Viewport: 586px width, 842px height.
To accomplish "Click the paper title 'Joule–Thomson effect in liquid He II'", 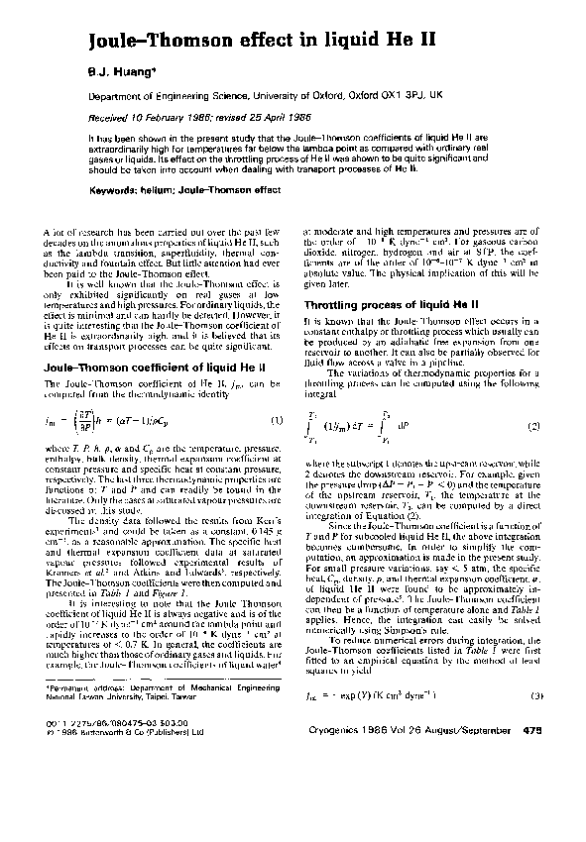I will tap(230, 41).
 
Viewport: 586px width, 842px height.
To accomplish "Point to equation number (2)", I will tap(532, 426).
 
